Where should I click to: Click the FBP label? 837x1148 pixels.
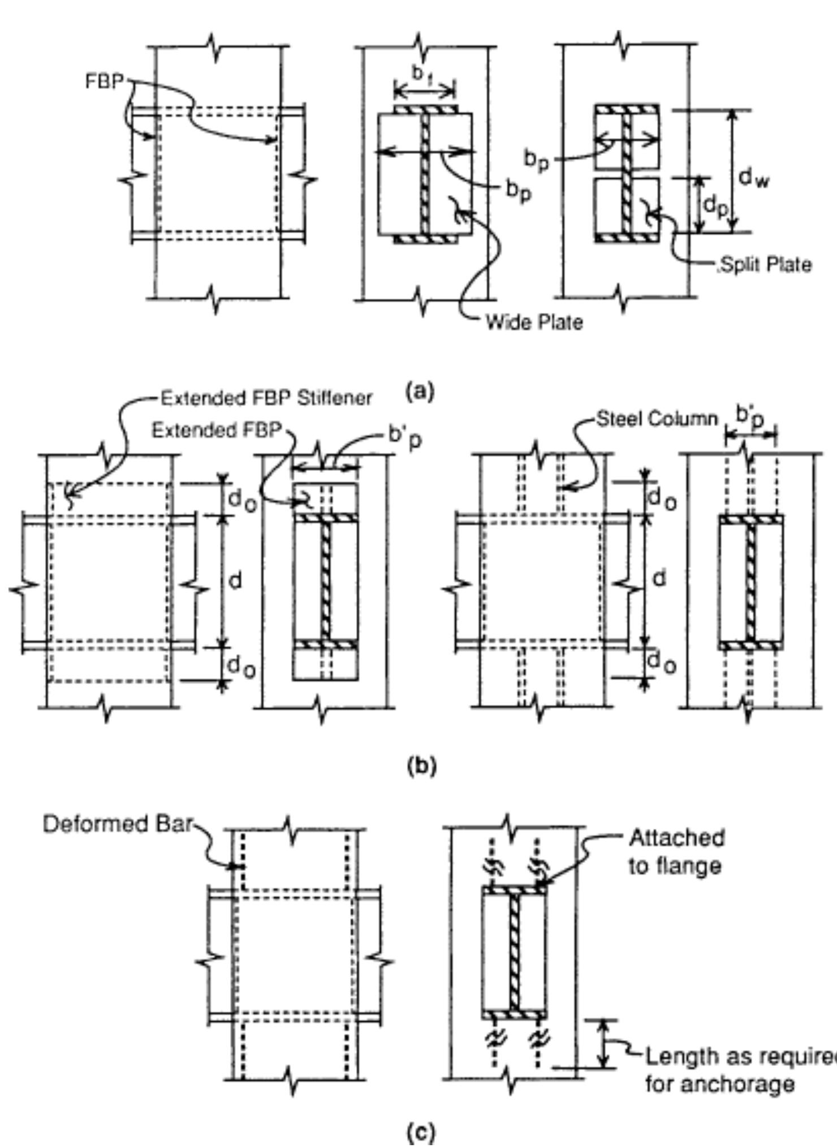click(x=103, y=82)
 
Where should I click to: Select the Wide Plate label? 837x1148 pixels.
click(x=534, y=322)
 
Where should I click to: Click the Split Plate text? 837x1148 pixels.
click(x=765, y=265)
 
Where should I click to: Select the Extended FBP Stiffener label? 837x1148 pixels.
click(x=266, y=398)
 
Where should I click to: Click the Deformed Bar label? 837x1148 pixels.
click(x=118, y=824)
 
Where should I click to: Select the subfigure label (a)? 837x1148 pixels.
click(x=420, y=391)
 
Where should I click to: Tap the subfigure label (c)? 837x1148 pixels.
click(x=421, y=1132)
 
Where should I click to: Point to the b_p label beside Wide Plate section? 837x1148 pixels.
click(x=518, y=193)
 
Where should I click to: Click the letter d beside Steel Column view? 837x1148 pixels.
click(x=659, y=578)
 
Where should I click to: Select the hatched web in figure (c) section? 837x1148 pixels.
click(x=514, y=952)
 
